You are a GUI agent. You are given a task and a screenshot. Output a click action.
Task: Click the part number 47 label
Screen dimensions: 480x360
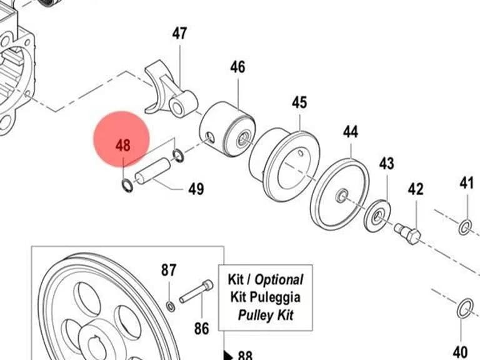pyautogui.click(x=179, y=33)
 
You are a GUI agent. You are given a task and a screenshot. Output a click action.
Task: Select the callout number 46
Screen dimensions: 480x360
pyautogui.click(x=238, y=67)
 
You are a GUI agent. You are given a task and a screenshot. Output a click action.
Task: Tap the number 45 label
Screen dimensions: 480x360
pyautogui.click(x=299, y=102)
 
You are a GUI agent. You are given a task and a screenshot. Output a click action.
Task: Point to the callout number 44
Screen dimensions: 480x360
pyautogui.click(x=350, y=132)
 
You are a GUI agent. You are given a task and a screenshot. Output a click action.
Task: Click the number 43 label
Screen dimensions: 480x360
pyautogui.click(x=387, y=164)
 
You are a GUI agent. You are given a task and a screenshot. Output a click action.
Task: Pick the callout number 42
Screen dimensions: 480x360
pyautogui.click(x=416, y=189)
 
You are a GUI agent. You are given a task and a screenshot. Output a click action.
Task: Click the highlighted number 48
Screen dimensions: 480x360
pyautogui.click(x=123, y=146)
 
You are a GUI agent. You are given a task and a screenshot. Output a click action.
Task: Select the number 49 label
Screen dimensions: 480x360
pyautogui.click(x=196, y=189)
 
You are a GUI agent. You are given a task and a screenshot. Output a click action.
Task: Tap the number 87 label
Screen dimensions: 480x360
pyautogui.click(x=169, y=270)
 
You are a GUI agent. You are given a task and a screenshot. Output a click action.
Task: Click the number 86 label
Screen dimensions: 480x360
pyautogui.click(x=201, y=329)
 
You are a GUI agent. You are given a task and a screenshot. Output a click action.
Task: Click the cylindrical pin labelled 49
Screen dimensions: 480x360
pyautogui.click(x=152, y=171)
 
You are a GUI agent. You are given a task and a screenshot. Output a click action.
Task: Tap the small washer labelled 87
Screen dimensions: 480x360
pyautogui.click(x=171, y=306)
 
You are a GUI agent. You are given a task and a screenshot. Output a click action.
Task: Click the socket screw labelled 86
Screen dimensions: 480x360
pyautogui.click(x=196, y=291)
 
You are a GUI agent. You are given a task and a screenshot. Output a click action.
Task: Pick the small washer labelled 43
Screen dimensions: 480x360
pyautogui.click(x=378, y=216)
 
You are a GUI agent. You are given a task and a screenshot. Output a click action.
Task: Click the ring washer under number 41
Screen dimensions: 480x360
pyautogui.click(x=465, y=227)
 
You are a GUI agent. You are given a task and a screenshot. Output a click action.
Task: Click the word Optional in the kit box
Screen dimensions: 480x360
pyautogui.click(x=279, y=279)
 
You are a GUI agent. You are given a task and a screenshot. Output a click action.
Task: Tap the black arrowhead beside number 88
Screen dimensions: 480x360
pyautogui.click(x=228, y=355)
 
